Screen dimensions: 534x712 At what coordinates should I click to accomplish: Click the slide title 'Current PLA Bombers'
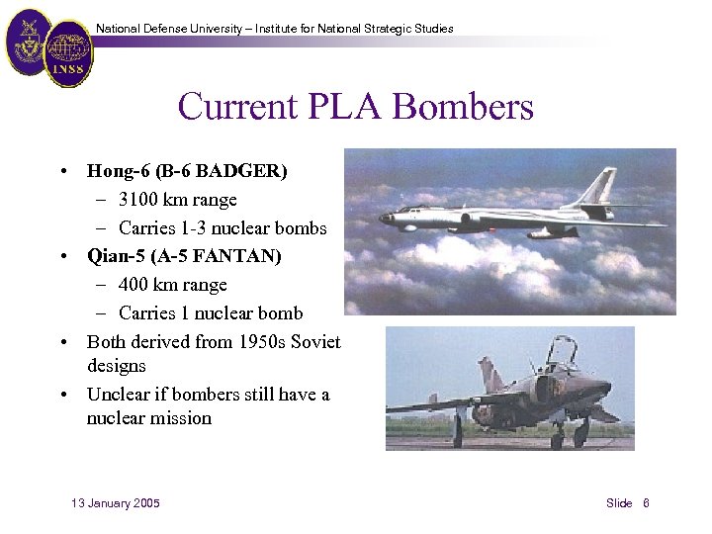(x=355, y=106)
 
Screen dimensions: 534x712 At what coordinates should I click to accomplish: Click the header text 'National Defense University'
(x=172, y=29)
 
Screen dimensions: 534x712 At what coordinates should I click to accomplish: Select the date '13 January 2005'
(x=116, y=503)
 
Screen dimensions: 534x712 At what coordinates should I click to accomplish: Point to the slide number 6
(x=646, y=503)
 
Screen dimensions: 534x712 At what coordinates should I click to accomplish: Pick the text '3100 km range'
(x=178, y=200)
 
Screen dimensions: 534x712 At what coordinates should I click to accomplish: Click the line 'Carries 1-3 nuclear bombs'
(x=222, y=228)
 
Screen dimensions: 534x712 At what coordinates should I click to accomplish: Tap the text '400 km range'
(x=173, y=285)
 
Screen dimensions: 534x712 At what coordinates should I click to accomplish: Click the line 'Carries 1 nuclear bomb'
(x=211, y=313)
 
